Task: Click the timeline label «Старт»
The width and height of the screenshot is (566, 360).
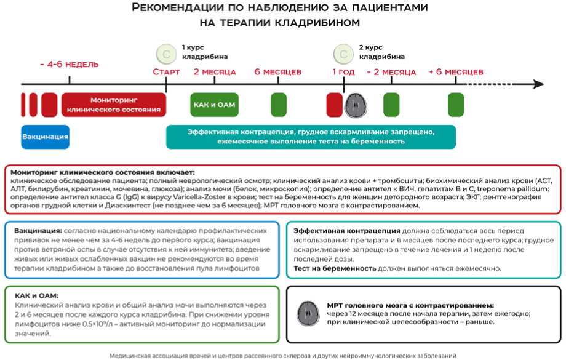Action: pyautogui.click(x=166, y=72)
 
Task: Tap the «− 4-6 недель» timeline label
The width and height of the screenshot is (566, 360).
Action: pyautogui.click(x=68, y=65)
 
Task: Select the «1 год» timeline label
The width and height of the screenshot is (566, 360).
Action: pyautogui.click(x=343, y=72)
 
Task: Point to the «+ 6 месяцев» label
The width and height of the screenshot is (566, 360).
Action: pyautogui.click(x=456, y=72)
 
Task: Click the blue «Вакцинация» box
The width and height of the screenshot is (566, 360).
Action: pyautogui.click(x=45, y=137)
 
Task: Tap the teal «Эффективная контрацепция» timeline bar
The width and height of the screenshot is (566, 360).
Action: pyautogui.click(x=311, y=137)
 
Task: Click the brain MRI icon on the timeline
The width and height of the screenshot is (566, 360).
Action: pyautogui.click(x=355, y=105)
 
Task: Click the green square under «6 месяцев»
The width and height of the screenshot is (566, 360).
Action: pyautogui.click(x=278, y=105)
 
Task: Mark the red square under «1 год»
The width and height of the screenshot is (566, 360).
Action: pyautogui.click(x=334, y=105)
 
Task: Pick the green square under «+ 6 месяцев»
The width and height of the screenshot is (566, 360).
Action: pyautogui.click(x=456, y=105)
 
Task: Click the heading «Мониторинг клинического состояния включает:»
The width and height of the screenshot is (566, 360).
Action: pyautogui.click(x=103, y=172)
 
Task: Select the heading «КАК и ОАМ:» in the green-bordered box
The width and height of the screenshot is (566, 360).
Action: pyautogui.click(x=36, y=295)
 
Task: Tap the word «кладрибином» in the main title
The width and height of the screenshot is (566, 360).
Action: pyautogui.click(x=317, y=23)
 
